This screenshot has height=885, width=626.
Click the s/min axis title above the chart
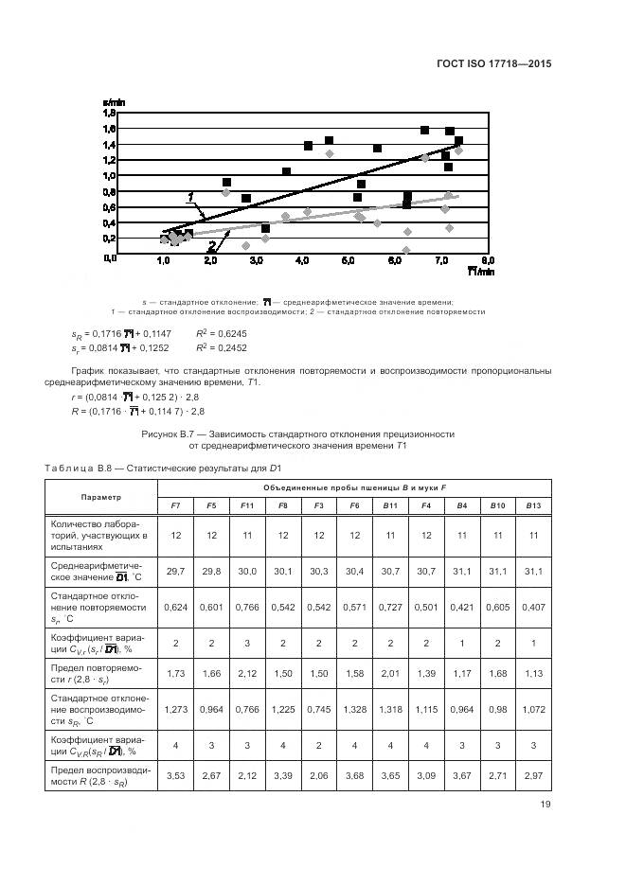pos(114,101)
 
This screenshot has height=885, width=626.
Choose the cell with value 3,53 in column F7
pos(175,775)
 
